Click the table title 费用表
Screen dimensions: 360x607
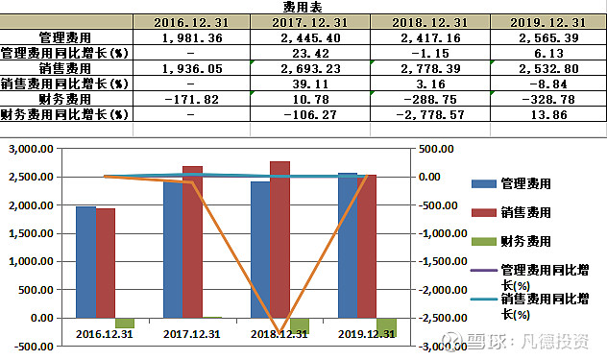coord(303,6)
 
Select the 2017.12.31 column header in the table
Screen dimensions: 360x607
coord(308,22)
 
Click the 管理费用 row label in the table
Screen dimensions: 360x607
coord(64,37)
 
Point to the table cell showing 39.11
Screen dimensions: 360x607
coord(308,84)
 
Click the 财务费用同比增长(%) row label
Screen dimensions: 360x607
coord(64,114)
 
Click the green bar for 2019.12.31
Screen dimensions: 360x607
coord(386,326)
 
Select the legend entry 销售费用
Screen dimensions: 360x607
coord(525,212)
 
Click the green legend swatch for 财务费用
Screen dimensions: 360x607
coord(484,241)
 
